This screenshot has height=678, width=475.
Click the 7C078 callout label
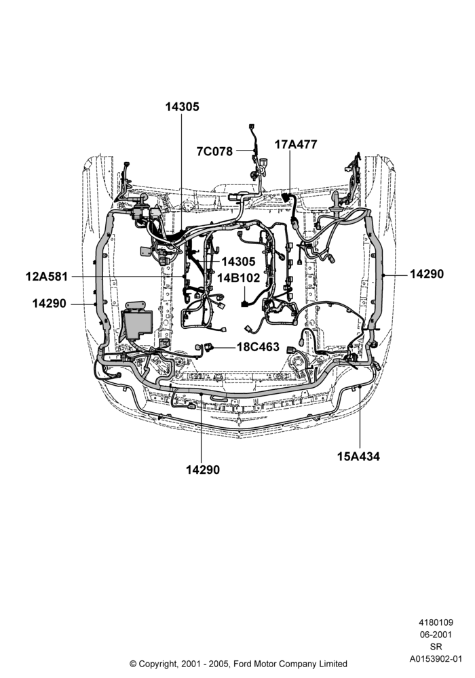coord(214,151)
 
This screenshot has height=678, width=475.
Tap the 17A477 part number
coord(296,144)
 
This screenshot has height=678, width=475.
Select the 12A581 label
coord(47,277)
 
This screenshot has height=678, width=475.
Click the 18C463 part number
coord(258,346)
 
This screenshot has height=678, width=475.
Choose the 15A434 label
coord(359,456)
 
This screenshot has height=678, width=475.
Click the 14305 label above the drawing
coord(182,107)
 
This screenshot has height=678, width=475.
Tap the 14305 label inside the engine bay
coord(238,262)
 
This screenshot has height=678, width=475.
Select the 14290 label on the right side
coord(427,274)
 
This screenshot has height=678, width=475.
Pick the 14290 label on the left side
coord(50,304)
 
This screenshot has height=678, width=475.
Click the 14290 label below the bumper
coord(203,470)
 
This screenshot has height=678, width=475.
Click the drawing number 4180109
coord(436,622)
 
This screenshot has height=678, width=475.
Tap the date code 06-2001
coord(436,635)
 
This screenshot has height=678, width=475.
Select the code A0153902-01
coord(436,659)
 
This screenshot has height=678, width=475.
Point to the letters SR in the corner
coord(436,647)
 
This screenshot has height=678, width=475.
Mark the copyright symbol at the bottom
coord(133,664)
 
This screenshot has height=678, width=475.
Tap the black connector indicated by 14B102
coord(244,304)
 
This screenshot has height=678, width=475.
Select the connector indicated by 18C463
coord(210,346)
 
